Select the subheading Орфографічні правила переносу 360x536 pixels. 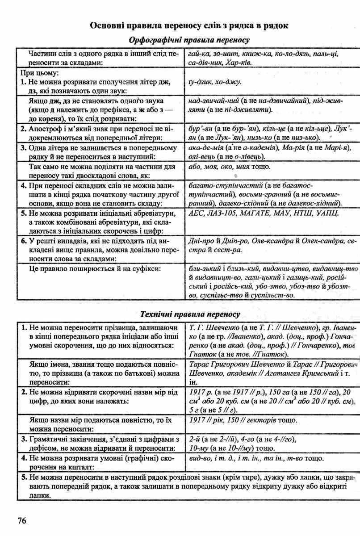pyautogui.click(x=189, y=40)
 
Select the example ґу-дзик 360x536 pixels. pyautogui.click(x=199, y=82)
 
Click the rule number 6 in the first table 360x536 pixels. pyautogui.click(x=24, y=241)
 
